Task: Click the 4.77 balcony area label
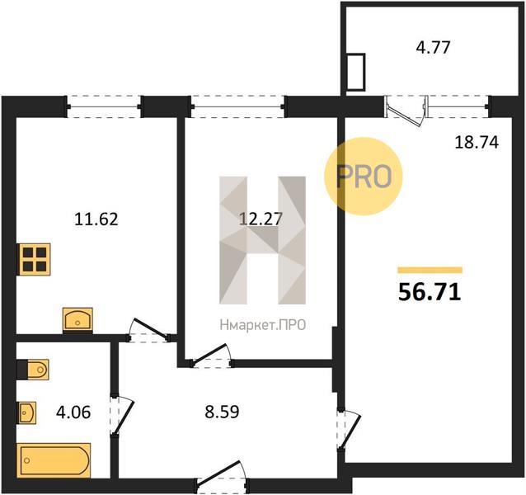pyautogui.click(x=433, y=47)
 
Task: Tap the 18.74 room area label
pyautogui.click(x=477, y=142)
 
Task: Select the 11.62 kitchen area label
pyautogui.click(x=96, y=219)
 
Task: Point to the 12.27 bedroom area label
pyautogui.click(x=261, y=219)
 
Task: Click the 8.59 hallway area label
pyautogui.click(x=222, y=412)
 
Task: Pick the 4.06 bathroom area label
pyautogui.click(x=73, y=412)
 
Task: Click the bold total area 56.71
pyautogui.click(x=430, y=292)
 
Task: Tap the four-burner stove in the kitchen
pyautogui.click(x=35, y=259)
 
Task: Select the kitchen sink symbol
pyautogui.click(x=77, y=320)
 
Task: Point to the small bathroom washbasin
pyautogui.click(x=27, y=412)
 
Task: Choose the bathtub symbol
pyautogui.click(x=54, y=460)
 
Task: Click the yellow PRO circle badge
pyautogui.click(x=364, y=177)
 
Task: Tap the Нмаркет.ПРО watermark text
pyautogui.click(x=263, y=325)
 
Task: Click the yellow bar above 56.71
pyautogui.click(x=430, y=270)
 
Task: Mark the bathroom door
pyautogui.click(x=122, y=416)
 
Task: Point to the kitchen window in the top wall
pyautogui.click(x=104, y=106)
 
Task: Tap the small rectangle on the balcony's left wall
pyautogui.click(x=356, y=72)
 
